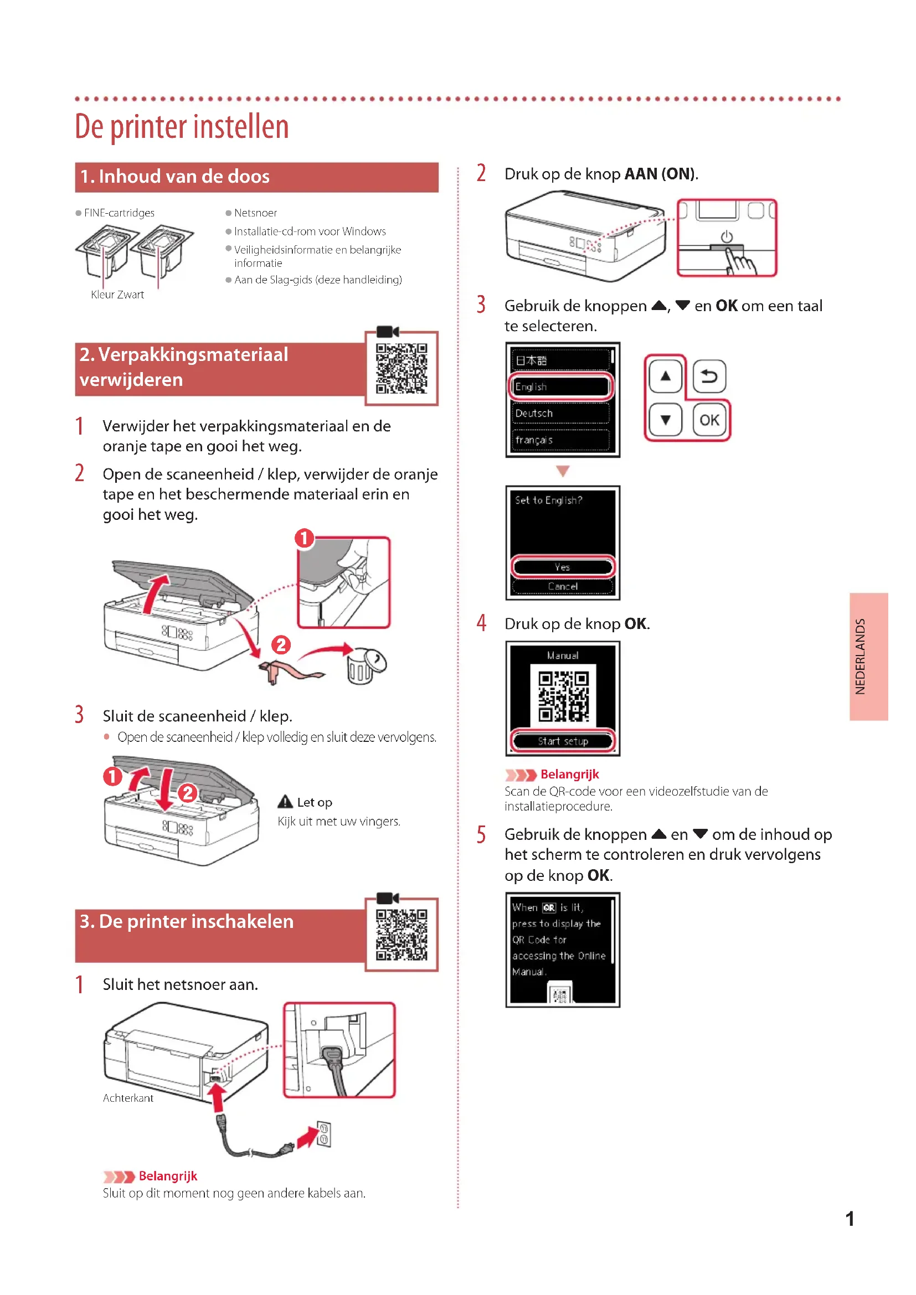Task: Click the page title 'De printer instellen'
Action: [182, 126]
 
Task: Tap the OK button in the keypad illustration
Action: [709, 420]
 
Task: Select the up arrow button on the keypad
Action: [666, 376]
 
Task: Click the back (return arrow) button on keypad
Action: [709, 376]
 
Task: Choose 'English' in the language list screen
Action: [560, 387]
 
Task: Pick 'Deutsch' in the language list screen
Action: [560, 414]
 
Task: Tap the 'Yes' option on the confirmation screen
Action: [562, 567]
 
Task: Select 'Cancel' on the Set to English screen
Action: [562, 586]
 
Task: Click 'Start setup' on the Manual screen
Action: [562, 741]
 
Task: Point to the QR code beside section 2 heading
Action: [402, 368]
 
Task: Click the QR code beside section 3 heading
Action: [402, 935]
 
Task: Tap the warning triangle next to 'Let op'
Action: [285, 802]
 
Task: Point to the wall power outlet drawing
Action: [324, 1134]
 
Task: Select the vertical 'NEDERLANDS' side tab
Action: [868, 657]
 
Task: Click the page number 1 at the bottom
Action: [850, 1219]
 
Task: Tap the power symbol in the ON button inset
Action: [727, 237]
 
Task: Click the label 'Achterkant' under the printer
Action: [128, 1097]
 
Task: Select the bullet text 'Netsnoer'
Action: [255, 213]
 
